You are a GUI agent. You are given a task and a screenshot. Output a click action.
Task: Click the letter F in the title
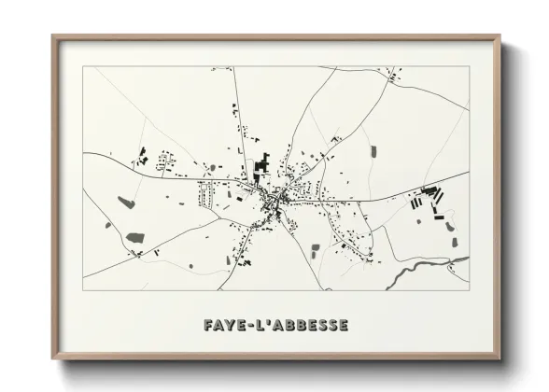pos(208,326)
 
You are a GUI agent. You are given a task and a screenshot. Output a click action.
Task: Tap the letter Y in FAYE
pos(232,326)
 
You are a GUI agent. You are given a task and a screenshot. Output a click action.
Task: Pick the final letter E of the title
pos(343,326)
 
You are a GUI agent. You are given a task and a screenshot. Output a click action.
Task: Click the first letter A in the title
pos(219,326)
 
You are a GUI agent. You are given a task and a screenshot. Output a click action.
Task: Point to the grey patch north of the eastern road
pos(373,151)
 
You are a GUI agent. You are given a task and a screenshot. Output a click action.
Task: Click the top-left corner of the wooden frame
pos(54,37)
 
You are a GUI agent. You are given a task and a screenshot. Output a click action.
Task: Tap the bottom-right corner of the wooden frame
pos(500,358)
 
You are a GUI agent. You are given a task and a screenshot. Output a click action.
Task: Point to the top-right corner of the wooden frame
pos(500,37)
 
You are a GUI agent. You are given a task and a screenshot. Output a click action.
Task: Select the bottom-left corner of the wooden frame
pos(54,358)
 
